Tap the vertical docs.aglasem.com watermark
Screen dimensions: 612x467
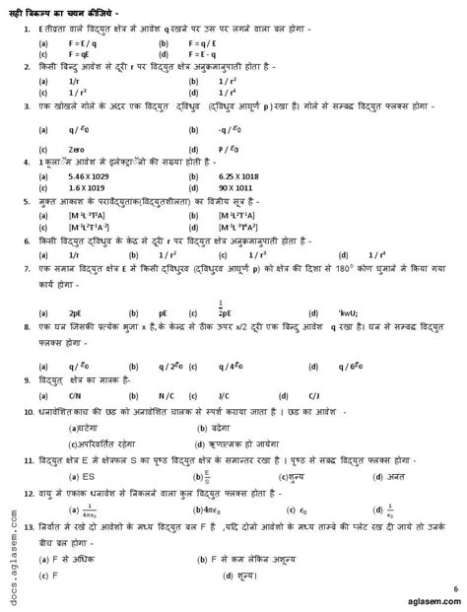pyautogui.click(x=12, y=540)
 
